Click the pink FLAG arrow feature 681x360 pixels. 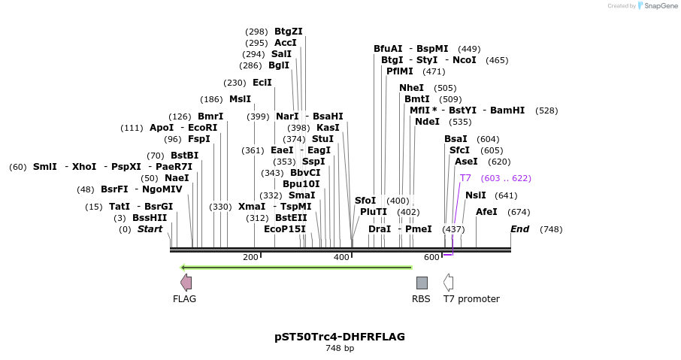[x=186, y=283]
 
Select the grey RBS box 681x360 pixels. [x=422, y=283]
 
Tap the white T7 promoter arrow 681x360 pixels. [x=448, y=283]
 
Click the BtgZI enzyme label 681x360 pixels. [x=289, y=32]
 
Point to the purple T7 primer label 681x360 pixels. [x=465, y=178]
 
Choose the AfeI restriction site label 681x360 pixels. [x=486, y=212]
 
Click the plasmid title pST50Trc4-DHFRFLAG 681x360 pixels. [x=340, y=337]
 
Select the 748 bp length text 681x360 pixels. [x=340, y=349]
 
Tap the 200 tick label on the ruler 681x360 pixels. [x=250, y=257]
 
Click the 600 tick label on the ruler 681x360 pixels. [x=431, y=257]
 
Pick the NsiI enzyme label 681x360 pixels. [x=476, y=195]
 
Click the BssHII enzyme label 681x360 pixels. [x=150, y=218]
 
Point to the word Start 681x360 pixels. [x=150, y=229]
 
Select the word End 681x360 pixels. [x=520, y=229]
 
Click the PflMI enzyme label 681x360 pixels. [x=400, y=71]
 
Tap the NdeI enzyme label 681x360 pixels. [x=427, y=122]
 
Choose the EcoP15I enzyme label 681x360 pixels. [x=285, y=229]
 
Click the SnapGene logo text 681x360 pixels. [x=658, y=6]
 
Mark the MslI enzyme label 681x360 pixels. [x=241, y=99]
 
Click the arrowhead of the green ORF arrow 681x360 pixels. [x=183, y=267]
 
